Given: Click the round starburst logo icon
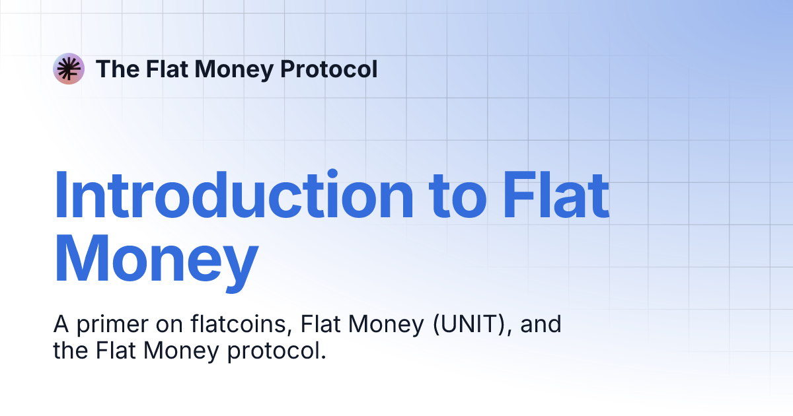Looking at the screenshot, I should tap(69, 69).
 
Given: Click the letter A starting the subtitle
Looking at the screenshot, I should tap(61, 325).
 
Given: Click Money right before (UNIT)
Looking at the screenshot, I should tap(386, 325).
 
